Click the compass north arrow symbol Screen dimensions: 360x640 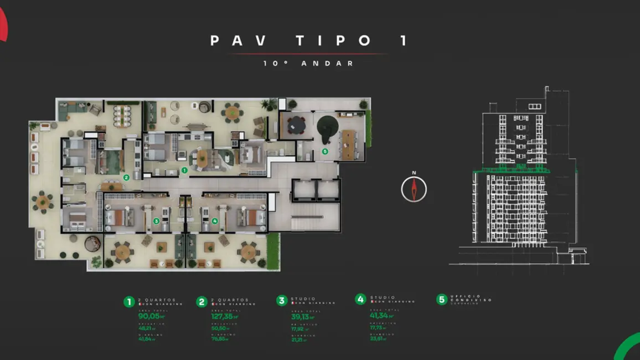click(414, 189)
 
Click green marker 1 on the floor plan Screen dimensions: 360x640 click(184, 171)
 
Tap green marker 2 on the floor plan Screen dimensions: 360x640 click(126, 178)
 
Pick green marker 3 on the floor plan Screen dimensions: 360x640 click(156, 221)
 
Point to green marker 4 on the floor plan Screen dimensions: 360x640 click(215, 221)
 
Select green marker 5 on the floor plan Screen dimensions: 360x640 click(325, 151)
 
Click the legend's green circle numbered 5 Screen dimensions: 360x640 click(441, 299)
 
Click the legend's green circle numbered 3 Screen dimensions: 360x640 click(282, 301)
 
